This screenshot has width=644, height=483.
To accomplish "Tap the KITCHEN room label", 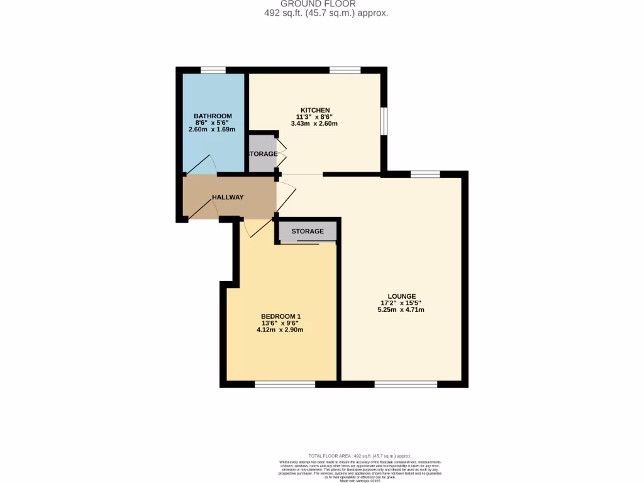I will tap(314, 110).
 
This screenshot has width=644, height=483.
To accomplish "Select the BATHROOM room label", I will tap(213, 116).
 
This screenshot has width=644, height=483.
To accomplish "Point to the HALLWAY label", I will tap(228, 197).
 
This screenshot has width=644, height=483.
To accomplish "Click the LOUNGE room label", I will tap(401, 296).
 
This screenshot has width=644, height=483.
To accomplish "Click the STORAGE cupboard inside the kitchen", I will tap(262, 154).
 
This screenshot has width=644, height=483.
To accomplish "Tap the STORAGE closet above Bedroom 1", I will tap(308, 231).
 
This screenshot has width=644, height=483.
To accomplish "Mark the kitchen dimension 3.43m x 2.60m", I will tap(314, 124).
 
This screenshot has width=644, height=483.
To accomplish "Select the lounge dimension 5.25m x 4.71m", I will tap(401, 309).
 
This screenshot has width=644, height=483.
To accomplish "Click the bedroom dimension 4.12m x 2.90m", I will tap(280, 330).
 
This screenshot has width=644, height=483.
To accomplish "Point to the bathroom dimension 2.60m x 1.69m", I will tap(212, 130).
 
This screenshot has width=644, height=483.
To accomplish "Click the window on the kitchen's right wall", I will tap(384, 121).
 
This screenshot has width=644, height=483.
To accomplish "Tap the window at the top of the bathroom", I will tap(213, 70).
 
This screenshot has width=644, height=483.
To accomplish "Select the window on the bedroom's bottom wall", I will tap(285, 384).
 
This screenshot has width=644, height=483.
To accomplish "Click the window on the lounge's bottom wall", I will tap(405, 384).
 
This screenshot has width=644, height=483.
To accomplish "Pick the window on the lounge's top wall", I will tap(425, 174).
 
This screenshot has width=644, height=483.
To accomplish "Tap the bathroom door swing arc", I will tap(203, 163).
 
